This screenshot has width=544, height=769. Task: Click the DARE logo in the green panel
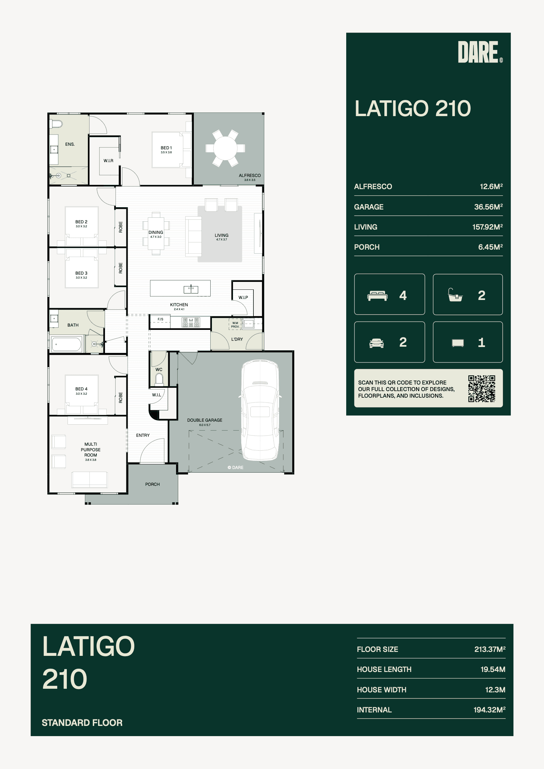(x=480, y=52)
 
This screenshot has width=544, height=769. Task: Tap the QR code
(x=482, y=388)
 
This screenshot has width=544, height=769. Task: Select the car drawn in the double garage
(x=260, y=410)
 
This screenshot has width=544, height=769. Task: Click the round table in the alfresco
(x=225, y=148)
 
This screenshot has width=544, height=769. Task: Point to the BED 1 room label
(x=166, y=148)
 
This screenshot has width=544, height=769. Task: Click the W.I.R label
(x=108, y=161)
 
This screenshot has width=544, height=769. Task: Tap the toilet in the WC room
(x=159, y=380)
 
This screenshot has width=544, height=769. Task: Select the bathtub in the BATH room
(x=66, y=344)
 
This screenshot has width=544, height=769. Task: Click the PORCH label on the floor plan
(x=152, y=484)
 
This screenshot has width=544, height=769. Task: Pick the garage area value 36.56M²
(x=488, y=207)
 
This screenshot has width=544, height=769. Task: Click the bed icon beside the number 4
(x=377, y=296)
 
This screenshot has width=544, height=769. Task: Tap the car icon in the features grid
(x=376, y=343)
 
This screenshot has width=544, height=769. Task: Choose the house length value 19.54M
(x=493, y=669)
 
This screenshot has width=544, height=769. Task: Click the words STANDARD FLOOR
(x=82, y=722)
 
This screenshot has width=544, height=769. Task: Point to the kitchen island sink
(x=191, y=289)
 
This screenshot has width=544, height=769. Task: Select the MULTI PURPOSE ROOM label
(x=91, y=450)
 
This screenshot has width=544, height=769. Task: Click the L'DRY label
(x=237, y=339)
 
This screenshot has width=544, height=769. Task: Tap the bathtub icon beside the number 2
(x=455, y=295)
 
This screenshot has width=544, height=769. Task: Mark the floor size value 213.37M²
(x=490, y=649)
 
